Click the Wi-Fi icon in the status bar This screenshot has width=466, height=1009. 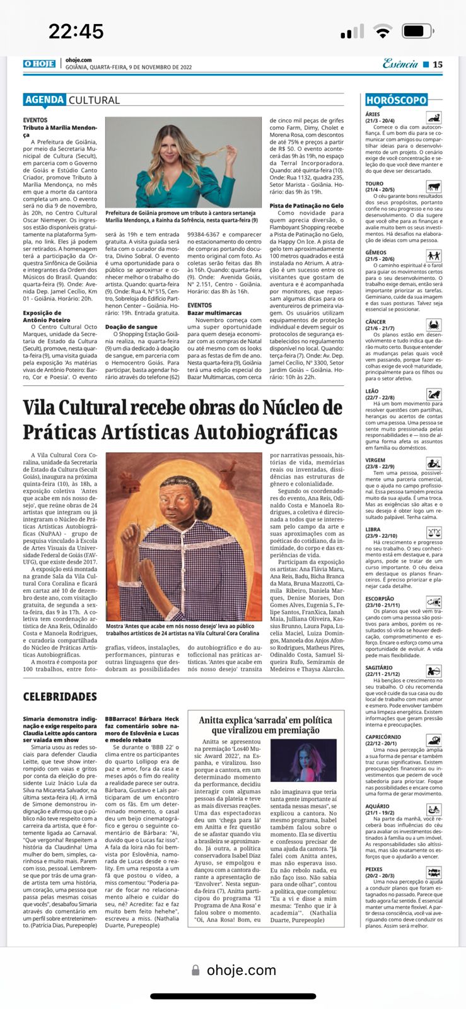382,31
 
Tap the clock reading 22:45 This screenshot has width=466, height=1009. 76,31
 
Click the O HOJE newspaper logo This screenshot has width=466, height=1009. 39,64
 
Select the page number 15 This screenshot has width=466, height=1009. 438,64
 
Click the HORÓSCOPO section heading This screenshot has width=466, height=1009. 397,100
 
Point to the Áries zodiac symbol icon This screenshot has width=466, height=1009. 433,117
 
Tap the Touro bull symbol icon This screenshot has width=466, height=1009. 433,187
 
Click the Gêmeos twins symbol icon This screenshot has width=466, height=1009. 433,255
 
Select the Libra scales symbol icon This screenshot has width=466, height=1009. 434,532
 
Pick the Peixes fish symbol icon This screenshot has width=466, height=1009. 433,873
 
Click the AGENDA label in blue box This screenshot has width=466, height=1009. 45,100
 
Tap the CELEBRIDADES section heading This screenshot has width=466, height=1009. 60,696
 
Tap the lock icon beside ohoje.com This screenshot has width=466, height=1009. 196,971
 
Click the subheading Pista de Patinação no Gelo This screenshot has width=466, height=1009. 306,206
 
